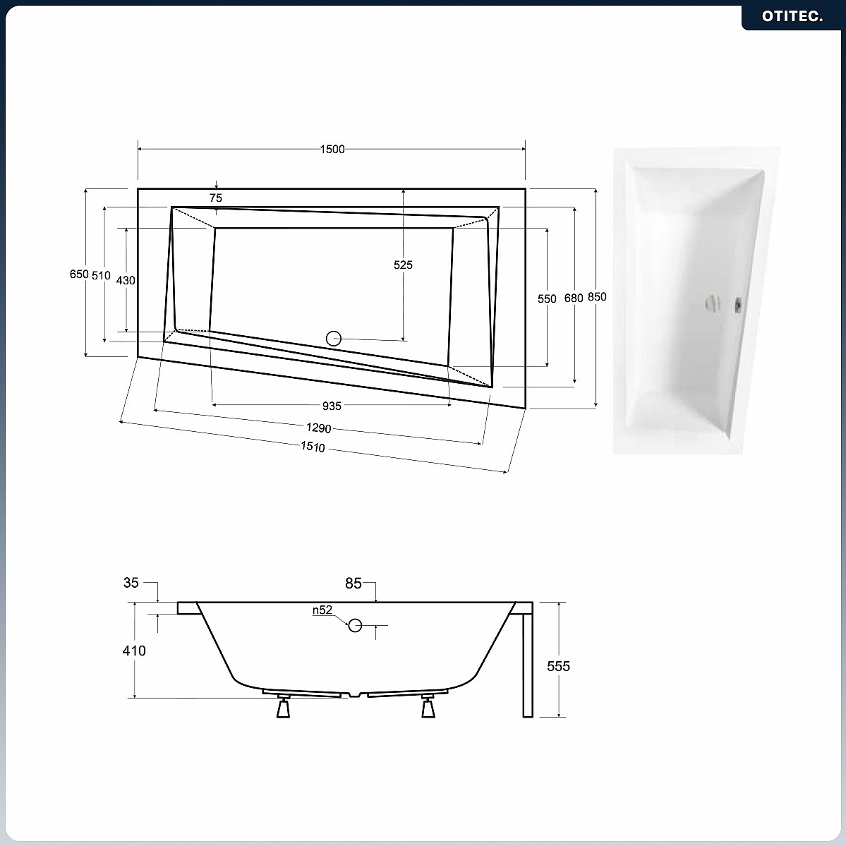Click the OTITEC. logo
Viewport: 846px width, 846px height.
[792, 16]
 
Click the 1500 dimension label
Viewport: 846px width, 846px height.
[332, 150]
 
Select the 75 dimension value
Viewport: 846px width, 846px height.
[216, 198]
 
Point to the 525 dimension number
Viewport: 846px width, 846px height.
[403, 265]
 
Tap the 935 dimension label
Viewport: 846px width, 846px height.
[332, 406]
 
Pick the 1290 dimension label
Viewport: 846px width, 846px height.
[318, 428]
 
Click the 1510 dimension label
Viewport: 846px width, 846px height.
[313, 447]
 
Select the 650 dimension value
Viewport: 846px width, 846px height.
[79, 274]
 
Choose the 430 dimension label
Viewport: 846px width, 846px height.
[126, 280]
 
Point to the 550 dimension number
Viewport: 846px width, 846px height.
[547, 298]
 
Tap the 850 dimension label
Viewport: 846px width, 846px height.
[597, 297]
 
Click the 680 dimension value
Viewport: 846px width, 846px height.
[574, 298]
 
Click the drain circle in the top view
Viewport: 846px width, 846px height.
[334, 338]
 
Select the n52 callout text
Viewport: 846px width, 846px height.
[322, 610]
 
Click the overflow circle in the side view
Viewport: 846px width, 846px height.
[354, 625]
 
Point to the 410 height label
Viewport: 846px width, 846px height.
[134, 651]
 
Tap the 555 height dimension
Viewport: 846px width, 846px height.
[558, 666]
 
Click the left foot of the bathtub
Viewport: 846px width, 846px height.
[283, 707]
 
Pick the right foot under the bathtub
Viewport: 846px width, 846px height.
[428, 707]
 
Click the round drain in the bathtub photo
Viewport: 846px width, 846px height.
[712, 303]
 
